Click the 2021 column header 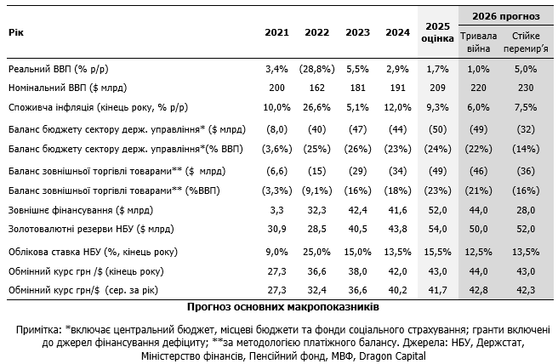276,33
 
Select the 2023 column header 356,33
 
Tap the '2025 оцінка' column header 438,33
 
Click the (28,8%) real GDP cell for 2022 316,68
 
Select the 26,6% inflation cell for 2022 316,108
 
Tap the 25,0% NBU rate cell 316,252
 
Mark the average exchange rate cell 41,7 438,291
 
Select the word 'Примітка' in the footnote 37,329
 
